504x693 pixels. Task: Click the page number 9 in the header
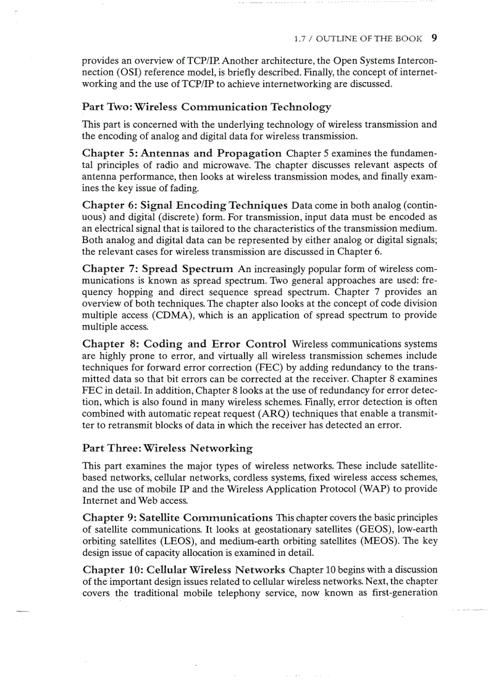pyautogui.click(x=434, y=38)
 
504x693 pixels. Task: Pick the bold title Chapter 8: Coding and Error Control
pyautogui.click(x=184, y=343)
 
